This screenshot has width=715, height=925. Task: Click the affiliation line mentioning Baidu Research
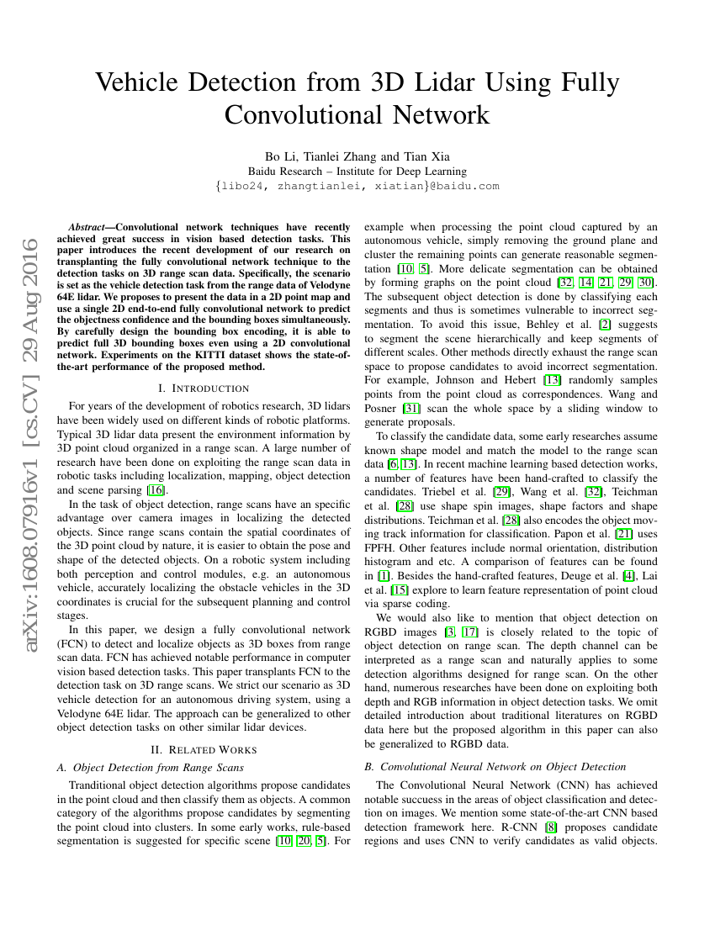point(357,172)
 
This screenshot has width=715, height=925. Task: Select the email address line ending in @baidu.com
point(357,187)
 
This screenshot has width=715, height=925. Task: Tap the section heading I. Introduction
point(204,388)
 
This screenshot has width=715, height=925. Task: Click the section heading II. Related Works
point(204,749)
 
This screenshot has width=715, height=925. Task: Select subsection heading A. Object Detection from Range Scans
point(151,767)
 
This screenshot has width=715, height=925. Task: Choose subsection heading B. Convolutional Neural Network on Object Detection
point(495,766)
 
